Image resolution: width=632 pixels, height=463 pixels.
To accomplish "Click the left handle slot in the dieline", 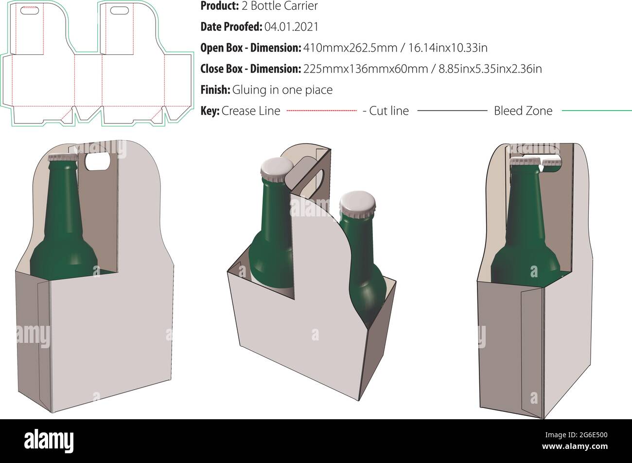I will (30, 9).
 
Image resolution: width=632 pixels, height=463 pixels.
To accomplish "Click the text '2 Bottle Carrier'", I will (279, 6).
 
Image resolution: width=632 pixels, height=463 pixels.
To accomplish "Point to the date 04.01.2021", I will (291, 27).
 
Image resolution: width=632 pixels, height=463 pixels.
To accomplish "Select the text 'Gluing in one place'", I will (282, 90).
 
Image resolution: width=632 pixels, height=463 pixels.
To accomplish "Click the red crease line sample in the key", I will (321, 111).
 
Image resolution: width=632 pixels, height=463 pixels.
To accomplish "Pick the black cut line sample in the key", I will (452, 111).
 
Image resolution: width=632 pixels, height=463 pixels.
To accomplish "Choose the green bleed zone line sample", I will (597, 111).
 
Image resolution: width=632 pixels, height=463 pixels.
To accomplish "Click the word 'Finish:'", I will (215, 90).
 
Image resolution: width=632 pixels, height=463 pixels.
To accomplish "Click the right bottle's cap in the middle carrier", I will (357, 200).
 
